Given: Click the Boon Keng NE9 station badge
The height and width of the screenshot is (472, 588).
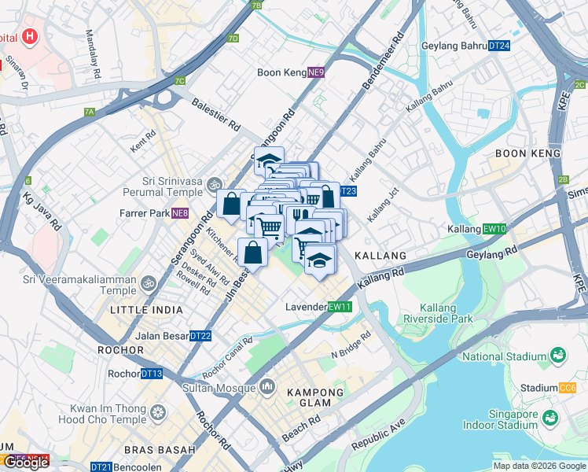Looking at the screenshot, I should tap(316, 72).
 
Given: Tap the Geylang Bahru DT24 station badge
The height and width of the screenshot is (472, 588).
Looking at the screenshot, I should tap(499, 46).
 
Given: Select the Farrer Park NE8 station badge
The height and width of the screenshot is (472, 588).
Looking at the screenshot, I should tap(181, 213).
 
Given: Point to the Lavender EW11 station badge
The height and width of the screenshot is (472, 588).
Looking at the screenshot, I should tap(340, 307).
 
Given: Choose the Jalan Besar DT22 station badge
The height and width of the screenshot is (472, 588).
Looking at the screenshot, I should tap(201, 336).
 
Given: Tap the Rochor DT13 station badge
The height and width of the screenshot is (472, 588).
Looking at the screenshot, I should tap(153, 374).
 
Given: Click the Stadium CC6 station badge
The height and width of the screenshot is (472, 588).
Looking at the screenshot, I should tap(568, 388).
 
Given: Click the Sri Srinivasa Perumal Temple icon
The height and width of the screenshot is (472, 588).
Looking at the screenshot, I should tap(215, 186).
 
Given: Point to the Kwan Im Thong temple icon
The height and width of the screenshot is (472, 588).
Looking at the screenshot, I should tap(160, 413).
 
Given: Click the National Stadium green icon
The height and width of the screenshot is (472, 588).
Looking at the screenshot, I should tap(558, 356).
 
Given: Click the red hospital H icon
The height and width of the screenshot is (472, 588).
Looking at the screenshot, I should tap(30, 36).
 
